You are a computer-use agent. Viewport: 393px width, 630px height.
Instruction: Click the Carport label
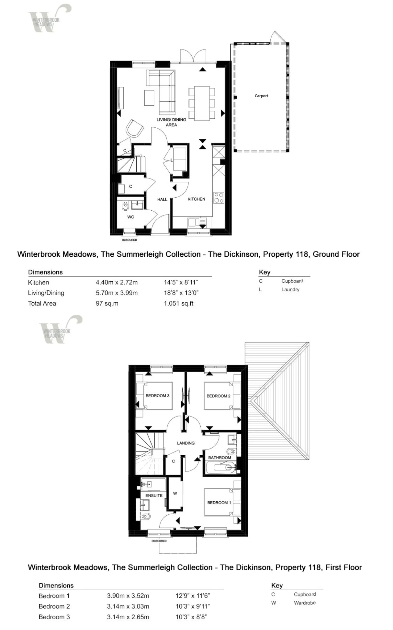tap(261, 96)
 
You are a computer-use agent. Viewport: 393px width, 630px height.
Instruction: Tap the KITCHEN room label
tap(196, 199)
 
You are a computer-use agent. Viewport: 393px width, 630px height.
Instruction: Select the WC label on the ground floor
tap(130, 217)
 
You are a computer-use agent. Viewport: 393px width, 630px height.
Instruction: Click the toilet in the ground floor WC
tap(125, 206)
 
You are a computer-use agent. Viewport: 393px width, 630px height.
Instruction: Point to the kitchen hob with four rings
tap(219, 198)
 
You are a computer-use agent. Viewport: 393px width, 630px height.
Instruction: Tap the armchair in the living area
tap(134, 129)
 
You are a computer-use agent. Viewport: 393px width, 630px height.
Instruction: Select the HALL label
tap(162, 199)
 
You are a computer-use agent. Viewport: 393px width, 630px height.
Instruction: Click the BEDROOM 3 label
tap(157, 396)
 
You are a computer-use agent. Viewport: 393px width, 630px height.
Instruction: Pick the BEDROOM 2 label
tap(219, 396)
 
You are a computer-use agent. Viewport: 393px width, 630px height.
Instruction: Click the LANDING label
tap(186, 443)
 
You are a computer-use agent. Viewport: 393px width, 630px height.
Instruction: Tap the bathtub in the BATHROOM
tap(220, 467)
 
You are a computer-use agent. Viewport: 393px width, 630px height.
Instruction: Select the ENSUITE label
tap(154, 496)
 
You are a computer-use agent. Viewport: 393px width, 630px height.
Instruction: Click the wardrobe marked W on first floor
tap(175, 494)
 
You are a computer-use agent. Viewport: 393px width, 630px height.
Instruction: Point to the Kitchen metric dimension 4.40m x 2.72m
tap(117, 283)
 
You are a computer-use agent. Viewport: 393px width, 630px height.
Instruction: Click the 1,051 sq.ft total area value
tap(179, 304)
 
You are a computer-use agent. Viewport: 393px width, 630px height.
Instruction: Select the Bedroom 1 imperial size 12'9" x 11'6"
tap(193, 596)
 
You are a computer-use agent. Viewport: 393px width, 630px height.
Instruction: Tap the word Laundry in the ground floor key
tap(290, 289)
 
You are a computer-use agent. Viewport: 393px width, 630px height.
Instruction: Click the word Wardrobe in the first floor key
tap(305, 603)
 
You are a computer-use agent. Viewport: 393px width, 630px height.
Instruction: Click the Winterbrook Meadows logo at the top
tap(49, 18)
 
